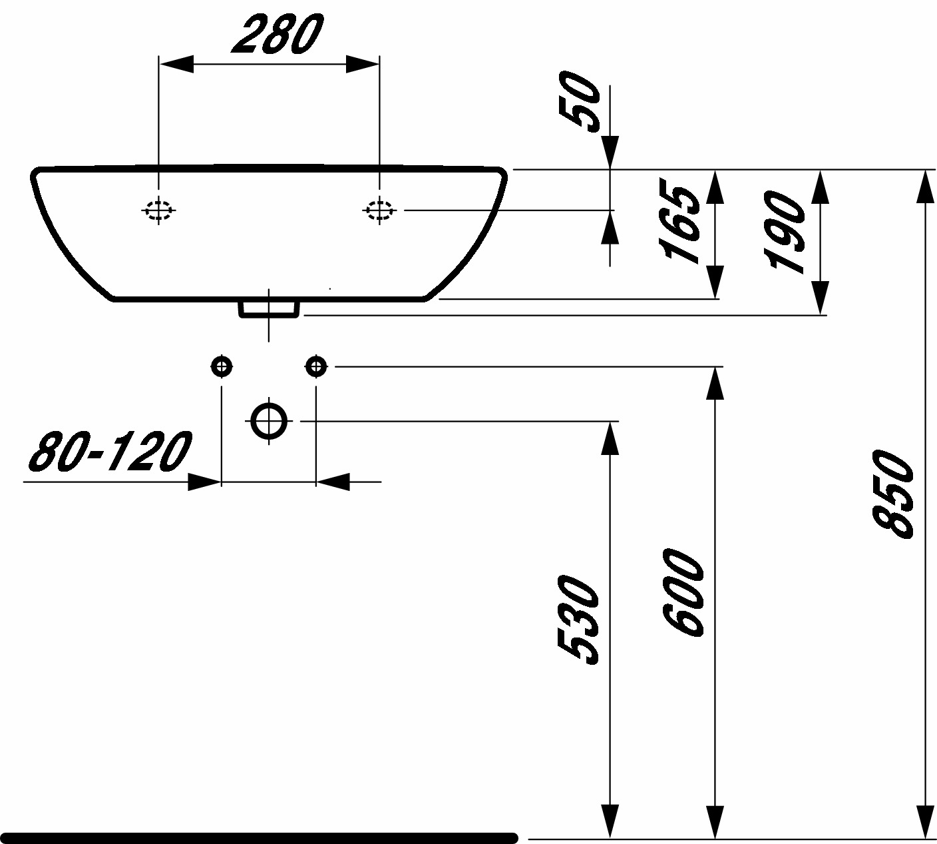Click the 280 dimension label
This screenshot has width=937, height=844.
pyautogui.click(x=278, y=34)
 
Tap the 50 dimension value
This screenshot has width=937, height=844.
pyautogui.click(x=579, y=103)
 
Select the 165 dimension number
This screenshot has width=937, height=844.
pyautogui.click(x=679, y=225)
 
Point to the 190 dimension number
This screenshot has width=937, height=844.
pyautogui.click(x=784, y=232)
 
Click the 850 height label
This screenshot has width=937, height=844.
pyautogui.click(x=892, y=494)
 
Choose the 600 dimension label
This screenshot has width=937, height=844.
pyautogui.click(x=683, y=593)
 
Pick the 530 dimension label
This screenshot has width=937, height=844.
pyautogui.click(x=578, y=620)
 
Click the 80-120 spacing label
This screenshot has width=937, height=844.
pyautogui.click(x=110, y=451)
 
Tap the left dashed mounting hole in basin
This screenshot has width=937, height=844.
pyautogui.click(x=159, y=211)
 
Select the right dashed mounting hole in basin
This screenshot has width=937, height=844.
pyautogui.click(x=379, y=211)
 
